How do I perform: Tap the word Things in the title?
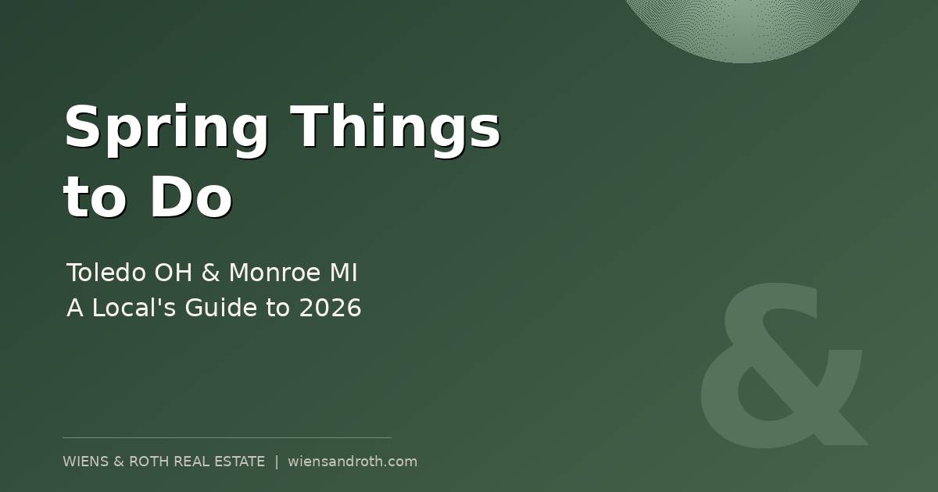(395, 127)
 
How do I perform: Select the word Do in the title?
(191, 197)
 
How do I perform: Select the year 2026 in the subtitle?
(330, 308)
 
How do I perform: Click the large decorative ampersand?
(782, 367)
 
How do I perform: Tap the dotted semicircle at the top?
(743, 27)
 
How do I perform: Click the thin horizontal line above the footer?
(227, 437)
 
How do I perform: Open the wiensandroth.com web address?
(353, 462)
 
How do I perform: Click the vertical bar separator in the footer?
(276, 462)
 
